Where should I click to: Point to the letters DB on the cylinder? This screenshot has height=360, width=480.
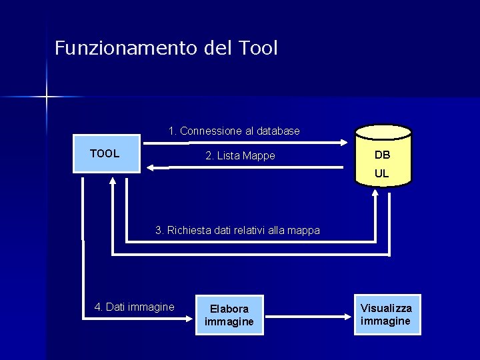click(382, 155)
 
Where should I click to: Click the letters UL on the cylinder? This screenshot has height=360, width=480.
click(382, 173)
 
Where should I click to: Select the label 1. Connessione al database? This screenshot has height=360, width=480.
click(234, 131)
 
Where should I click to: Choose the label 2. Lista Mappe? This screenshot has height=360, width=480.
click(240, 156)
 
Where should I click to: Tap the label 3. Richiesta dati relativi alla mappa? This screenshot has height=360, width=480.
click(237, 231)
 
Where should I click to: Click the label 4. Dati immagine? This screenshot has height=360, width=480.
click(134, 307)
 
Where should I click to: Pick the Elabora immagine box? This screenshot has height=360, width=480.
click(229, 315)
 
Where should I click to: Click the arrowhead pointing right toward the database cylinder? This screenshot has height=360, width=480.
click(344, 142)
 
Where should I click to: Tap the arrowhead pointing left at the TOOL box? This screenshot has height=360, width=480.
click(151, 168)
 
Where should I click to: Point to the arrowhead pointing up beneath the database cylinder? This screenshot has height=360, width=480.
click(375, 193)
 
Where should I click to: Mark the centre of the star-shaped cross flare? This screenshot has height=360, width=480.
click(47, 97)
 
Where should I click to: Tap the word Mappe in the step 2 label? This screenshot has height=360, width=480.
click(259, 156)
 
